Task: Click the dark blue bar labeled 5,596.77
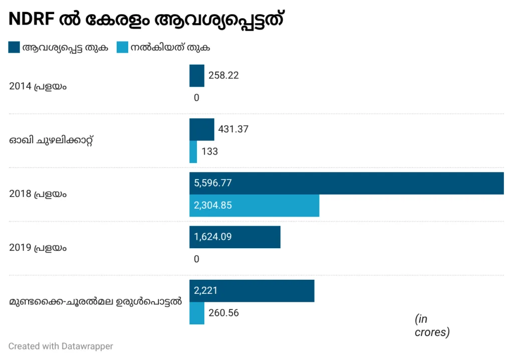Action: tap(346, 183)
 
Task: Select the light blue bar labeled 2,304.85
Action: tap(254, 206)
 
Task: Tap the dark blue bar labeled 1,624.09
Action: tap(234, 237)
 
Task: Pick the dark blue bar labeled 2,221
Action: tap(251, 291)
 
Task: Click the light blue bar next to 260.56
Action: tap(196, 313)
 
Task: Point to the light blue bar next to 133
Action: tap(193, 151)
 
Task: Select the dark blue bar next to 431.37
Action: tap(201, 129)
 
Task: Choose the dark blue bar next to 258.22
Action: tap(196, 76)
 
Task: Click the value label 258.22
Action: tap(223, 76)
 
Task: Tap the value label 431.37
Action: tap(233, 129)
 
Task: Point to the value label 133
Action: tap(209, 151)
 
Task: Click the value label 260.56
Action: tap(223, 313)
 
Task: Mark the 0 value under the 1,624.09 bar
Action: tap(196, 259)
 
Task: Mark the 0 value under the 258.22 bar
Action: tap(196, 98)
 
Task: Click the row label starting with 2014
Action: tap(38, 86)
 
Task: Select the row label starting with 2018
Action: tap(38, 194)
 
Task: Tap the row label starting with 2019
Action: tap(38, 248)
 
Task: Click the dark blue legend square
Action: tap(14, 48)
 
